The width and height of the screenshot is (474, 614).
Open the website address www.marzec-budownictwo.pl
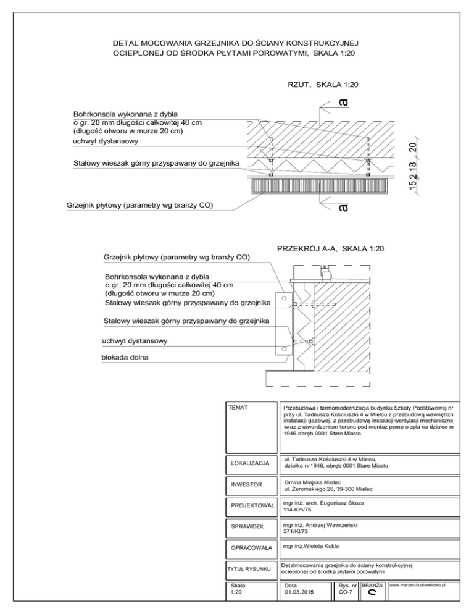coord(418,584)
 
